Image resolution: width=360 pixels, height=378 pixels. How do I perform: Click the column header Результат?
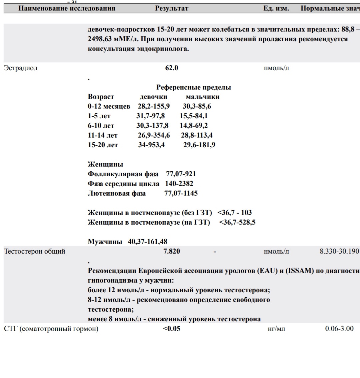[172, 8]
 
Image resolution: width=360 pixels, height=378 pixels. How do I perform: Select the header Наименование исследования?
[67, 8]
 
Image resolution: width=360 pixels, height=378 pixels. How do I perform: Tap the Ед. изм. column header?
[276, 8]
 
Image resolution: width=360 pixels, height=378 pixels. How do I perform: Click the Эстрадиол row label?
[21, 68]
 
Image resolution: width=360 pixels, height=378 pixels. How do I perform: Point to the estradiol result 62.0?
[172, 68]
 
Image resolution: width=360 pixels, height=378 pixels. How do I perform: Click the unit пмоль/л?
[276, 68]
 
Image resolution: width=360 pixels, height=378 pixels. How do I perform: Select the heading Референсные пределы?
[194, 87]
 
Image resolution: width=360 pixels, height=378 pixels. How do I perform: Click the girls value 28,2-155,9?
[154, 106]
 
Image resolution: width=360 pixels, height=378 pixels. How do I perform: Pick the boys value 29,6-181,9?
[199, 145]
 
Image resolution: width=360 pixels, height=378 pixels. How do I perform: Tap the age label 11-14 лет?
[103, 135]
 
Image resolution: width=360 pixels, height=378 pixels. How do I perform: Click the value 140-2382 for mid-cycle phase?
[179, 184]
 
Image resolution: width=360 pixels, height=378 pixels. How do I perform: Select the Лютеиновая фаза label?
[117, 193]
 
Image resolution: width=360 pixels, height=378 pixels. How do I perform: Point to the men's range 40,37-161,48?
[148, 242]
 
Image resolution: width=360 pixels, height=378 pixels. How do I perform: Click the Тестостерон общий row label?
[35, 251]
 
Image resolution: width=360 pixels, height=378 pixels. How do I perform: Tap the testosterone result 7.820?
[172, 251]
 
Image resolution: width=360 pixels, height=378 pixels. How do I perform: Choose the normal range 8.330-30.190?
[339, 251]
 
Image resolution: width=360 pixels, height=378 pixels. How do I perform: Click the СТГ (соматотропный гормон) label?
[51, 329]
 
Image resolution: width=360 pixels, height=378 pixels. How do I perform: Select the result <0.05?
[172, 329]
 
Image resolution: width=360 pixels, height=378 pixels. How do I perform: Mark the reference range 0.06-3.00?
[339, 329]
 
